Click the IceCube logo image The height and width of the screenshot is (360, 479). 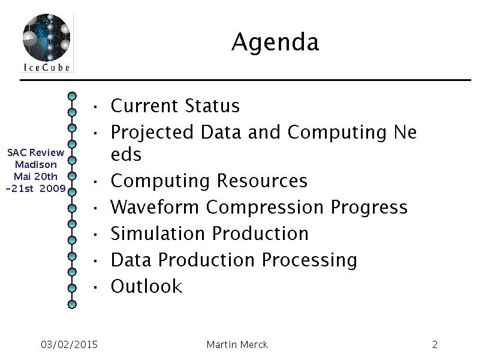point(46,42)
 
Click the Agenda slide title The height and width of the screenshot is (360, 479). point(275,42)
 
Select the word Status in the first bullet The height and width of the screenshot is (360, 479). point(212,106)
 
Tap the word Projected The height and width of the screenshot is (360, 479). point(152,133)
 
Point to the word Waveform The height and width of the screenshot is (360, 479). point(155,207)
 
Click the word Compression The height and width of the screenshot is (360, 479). point(265,208)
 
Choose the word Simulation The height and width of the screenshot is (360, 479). point(158,233)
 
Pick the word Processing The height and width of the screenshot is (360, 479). point(309,261)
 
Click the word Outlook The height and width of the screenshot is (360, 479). point(146,286)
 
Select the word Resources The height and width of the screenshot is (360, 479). point(262,181)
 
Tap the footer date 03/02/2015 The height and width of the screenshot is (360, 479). point(69,344)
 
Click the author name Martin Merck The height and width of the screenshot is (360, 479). point(237,344)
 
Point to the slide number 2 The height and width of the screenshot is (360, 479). point(435,345)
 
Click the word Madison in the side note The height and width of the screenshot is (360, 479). point(36,164)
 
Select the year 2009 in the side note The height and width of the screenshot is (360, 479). point(53,188)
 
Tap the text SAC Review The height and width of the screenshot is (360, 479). point(36,152)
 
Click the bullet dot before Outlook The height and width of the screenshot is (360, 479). point(95,287)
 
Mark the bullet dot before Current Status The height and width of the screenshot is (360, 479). point(95,107)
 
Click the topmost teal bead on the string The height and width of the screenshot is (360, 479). point(72,96)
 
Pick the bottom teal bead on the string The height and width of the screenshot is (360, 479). point(72,304)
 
